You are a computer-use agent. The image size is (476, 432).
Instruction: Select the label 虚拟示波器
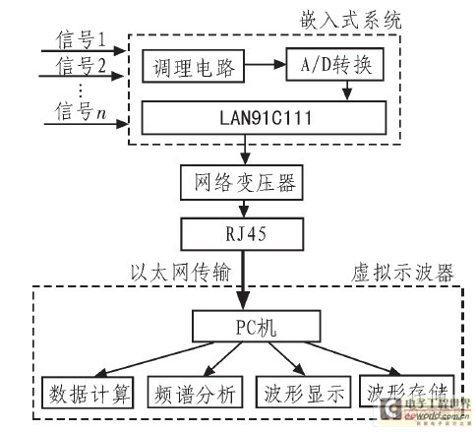click(407, 274)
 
